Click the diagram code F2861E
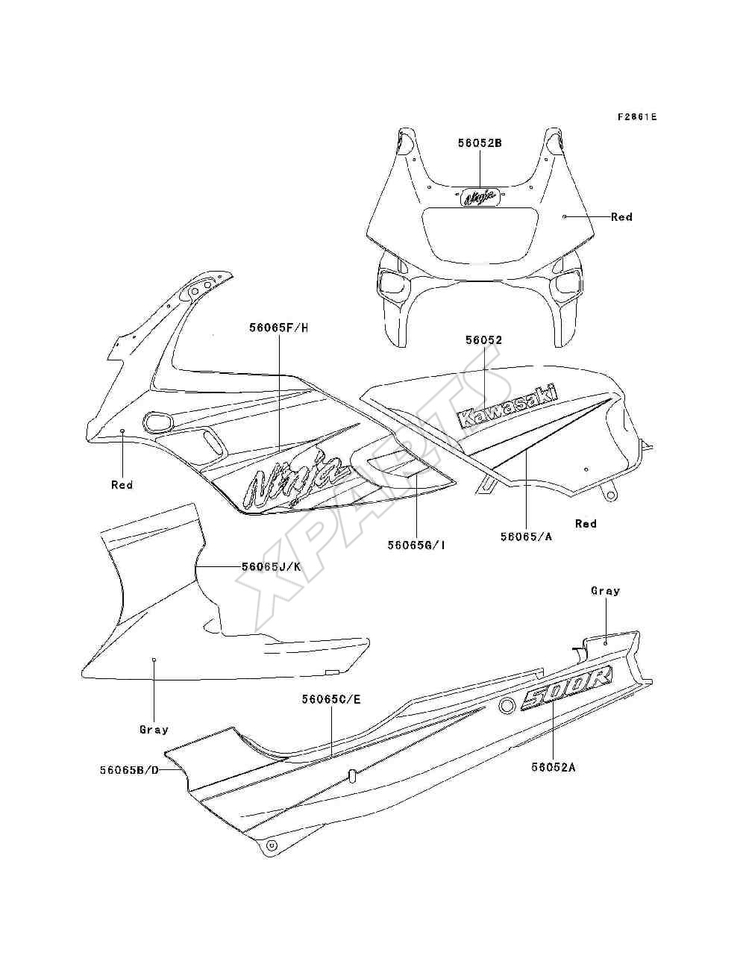(636, 117)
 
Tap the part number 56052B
(480, 143)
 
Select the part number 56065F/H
(279, 328)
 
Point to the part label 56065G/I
(416, 545)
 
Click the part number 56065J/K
(272, 567)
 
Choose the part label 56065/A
(527, 537)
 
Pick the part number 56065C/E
(331, 699)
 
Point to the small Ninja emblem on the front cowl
(479, 198)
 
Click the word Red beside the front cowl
(621, 216)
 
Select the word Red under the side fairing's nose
(122, 485)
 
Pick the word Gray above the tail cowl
(605, 591)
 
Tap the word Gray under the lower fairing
(154, 730)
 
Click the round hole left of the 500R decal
(506, 706)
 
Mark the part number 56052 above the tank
(483, 340)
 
